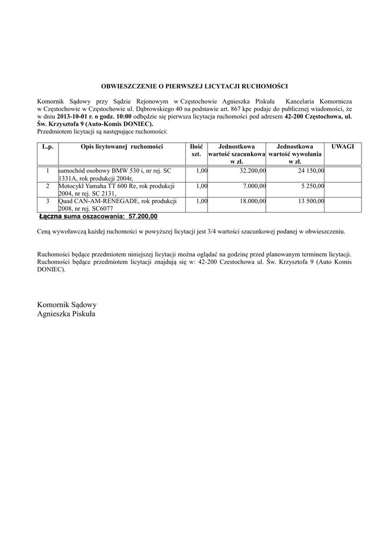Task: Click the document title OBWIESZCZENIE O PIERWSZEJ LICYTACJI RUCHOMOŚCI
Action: [x=195, y=86]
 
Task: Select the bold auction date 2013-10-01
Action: [x=75, y=116]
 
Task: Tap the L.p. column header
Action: [x=47, y=146]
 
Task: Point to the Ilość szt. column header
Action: [x=196, y=150]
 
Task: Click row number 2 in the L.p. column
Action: [x=47, y=186]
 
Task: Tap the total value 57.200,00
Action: [x=143, y=216]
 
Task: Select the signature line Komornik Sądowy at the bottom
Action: [x=67, y=305]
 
